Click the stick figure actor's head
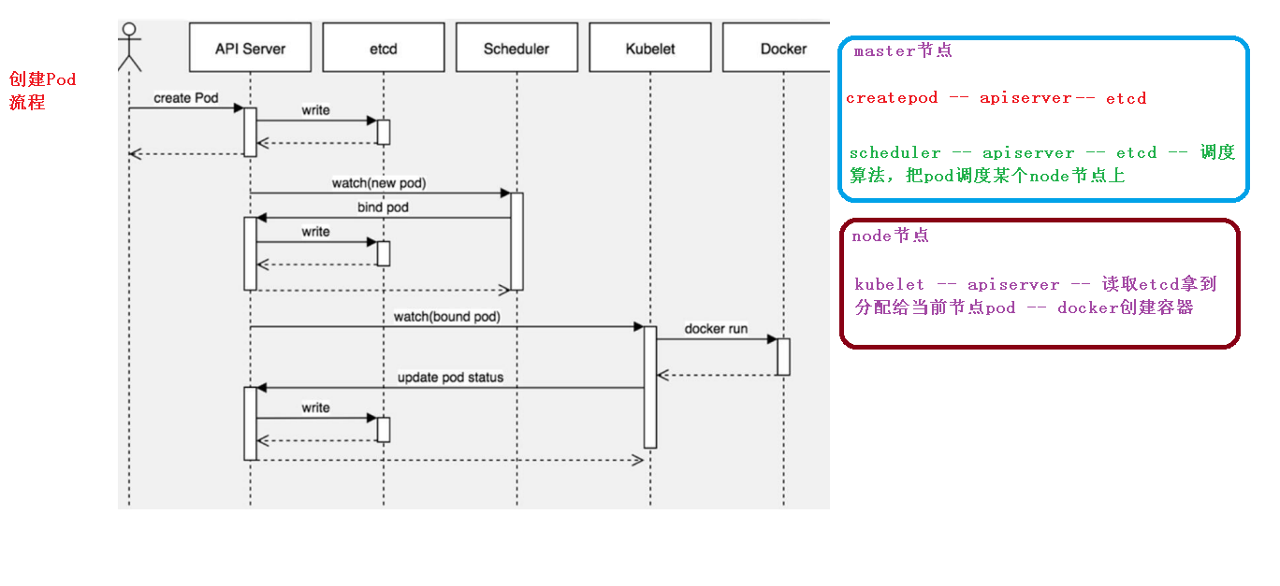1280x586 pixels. pos(129,30)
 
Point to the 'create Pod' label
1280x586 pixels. pos(185,98)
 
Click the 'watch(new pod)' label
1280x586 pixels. pos(379,183)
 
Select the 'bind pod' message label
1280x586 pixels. pos(383,207)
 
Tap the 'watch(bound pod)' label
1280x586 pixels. pos(446,317)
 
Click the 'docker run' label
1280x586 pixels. pos(716,329)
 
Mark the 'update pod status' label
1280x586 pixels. pos(450,378)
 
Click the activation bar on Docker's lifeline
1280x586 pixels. pos(783,357)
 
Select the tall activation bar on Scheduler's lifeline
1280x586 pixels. pos(516,241)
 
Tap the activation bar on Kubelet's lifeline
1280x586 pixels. pos(650,387)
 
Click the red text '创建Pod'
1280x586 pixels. pos(42,79)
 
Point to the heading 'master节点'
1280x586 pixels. pos(903,51)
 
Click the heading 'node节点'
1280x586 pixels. pos(890,236)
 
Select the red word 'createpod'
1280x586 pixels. pos(892,98)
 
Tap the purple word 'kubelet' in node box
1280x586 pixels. pos(889,284)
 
